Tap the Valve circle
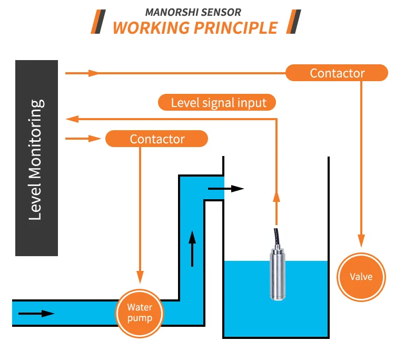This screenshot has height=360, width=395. point(361,277)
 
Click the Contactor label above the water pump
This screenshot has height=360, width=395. point(157,139)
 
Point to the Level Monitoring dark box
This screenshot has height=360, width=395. point(36,158)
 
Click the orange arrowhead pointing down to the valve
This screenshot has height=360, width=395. point(361,240)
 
